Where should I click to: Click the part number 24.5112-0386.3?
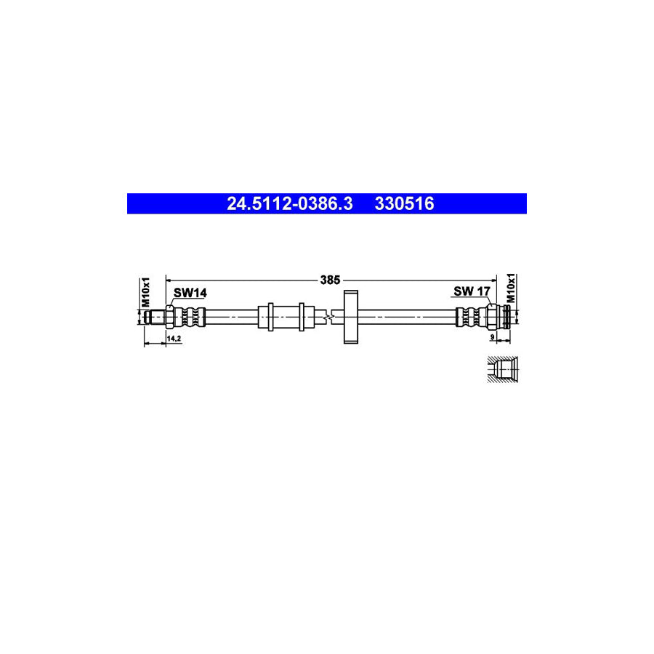click(x=290, y=204)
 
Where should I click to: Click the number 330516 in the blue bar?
click(x=404, y=204)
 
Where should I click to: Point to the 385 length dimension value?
click(x=331, y=279)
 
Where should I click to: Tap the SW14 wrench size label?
click(x=190, y=293)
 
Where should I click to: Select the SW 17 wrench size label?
click(x=472, y=292)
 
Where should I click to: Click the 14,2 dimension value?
click(x=174, y=339)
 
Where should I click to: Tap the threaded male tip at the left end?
click(x=154, y=317)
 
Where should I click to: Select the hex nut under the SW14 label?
click(x=169, y=317)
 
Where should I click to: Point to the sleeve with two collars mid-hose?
click(x=285, y=317)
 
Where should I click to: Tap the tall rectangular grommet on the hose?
click(x=352, y=317)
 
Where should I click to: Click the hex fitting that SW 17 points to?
click(x=493, y=317)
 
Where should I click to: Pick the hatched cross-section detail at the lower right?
click(x=500, y=368)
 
